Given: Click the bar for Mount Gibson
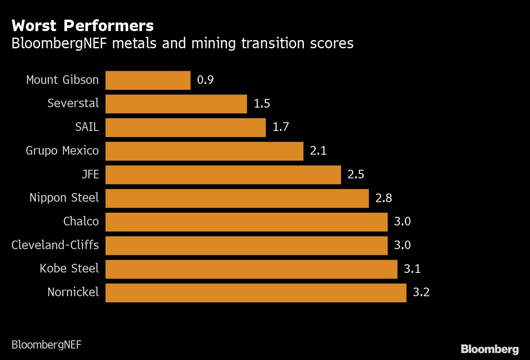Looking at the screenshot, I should point(148,80).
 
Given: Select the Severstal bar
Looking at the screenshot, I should point(176,104).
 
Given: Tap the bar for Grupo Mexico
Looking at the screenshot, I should point(204,151).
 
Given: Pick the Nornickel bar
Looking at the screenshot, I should point(256,293).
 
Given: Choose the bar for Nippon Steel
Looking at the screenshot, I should point(237,198).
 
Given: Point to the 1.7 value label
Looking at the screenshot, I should point(281,127).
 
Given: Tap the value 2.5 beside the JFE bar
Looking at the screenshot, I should point(356,175).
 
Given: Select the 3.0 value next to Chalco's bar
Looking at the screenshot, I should point(402,222).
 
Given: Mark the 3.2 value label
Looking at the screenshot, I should point(421,293).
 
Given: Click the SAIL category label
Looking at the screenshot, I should point(87,127).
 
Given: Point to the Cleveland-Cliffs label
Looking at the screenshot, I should point(55,245).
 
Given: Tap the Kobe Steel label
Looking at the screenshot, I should point(69,269).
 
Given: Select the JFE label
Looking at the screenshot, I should point(90,175).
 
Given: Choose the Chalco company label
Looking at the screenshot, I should point(81,222).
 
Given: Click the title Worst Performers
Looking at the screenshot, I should point(83,26).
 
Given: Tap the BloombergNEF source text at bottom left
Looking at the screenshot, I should point(46,344).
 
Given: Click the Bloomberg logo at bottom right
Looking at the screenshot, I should point(490,349).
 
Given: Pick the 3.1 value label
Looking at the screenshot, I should point(412,269).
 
